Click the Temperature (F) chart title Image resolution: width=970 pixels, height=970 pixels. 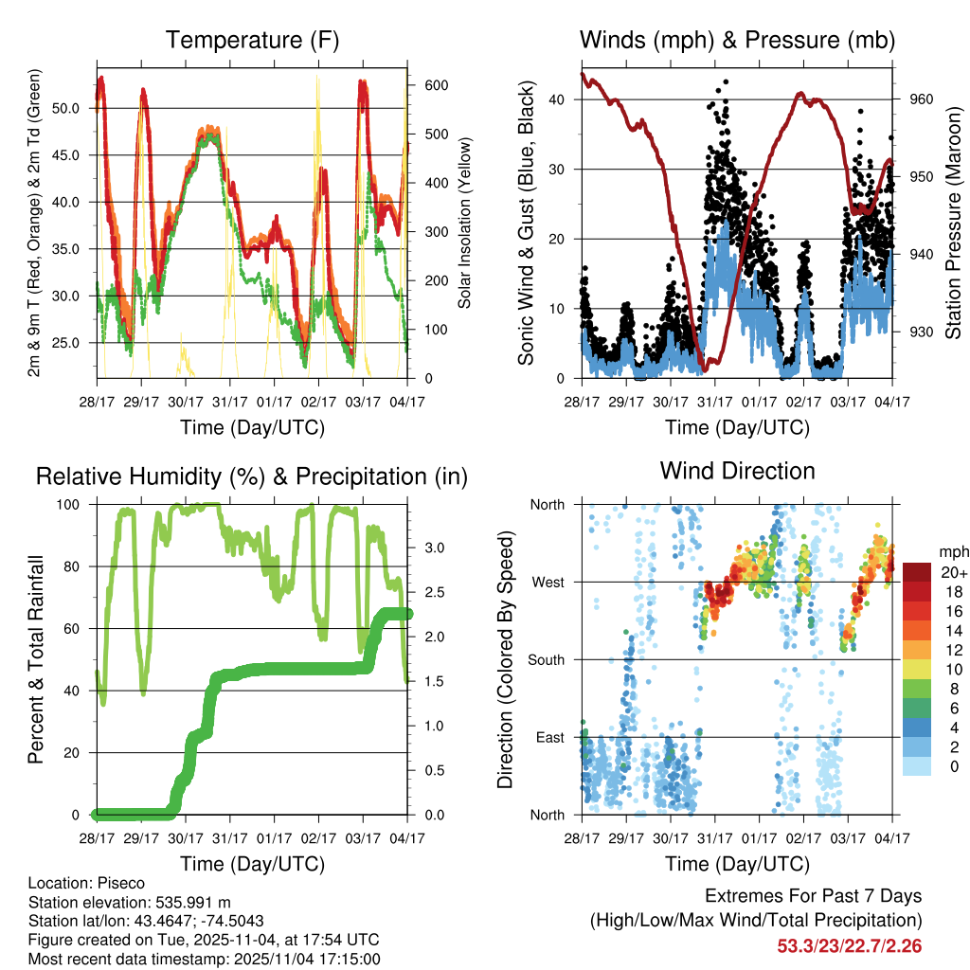pyautogui.click(x=252, y=40)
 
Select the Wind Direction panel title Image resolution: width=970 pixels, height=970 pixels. pyautogui.click(x=737, y=471)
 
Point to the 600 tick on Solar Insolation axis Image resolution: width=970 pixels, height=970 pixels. pyautogui.click(x=436, y=84)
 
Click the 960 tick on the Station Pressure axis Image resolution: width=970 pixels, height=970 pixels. pyautogui.click(x=922, y=99)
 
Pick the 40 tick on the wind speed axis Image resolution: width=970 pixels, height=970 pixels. pyautogui.click(x=557, y=99)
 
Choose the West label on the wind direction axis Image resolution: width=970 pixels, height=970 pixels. pyautogui.click(x=547, y=582)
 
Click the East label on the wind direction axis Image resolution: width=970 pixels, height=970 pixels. pyautogui.click(x=548, y=737)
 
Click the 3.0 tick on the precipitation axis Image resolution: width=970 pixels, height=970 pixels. pyautogui.click(x=435, y=548)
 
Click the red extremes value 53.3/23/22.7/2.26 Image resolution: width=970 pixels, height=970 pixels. pyautogui.click(x=850, y=945)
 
